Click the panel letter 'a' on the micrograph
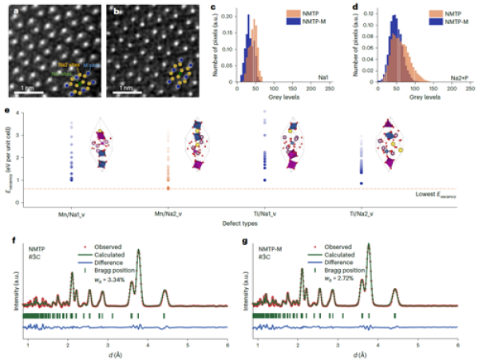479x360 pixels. [x=8, y=11]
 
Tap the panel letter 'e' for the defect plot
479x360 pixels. [x=7, y=113]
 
